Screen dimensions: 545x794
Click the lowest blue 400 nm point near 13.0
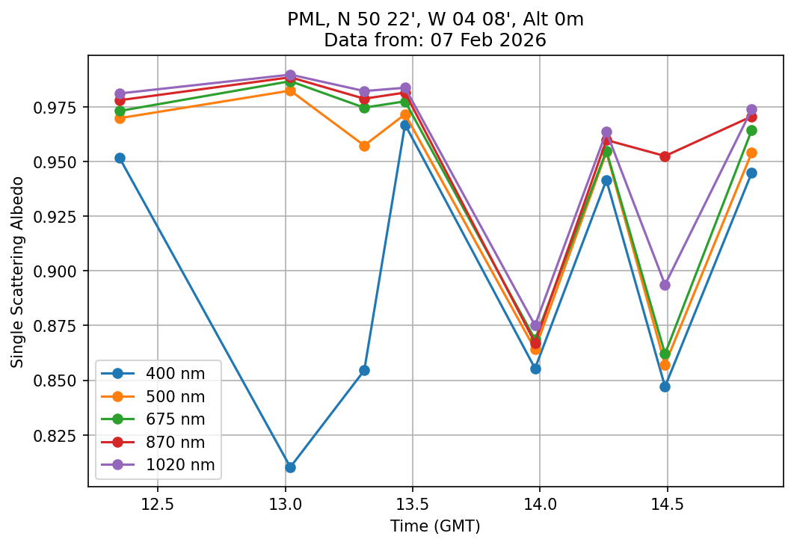290,467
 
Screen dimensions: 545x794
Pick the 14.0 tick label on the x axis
539,505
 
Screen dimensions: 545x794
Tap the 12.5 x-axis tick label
157,505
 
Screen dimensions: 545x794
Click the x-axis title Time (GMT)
435,526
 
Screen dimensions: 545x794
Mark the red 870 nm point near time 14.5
665,156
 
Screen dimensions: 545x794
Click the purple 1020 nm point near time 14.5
665,285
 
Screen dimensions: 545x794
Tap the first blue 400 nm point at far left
120,158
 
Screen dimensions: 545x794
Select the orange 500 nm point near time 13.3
364,146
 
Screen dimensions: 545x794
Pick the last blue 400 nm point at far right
751,173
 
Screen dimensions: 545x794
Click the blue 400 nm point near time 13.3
364,370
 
